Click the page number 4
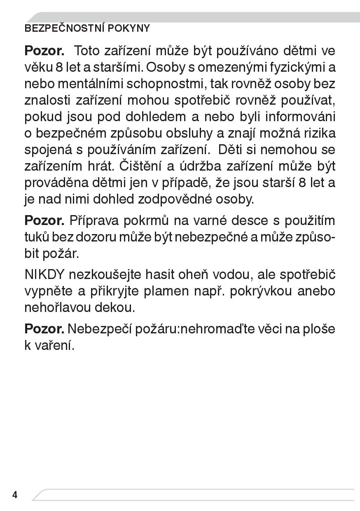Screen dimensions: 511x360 coord(15,495)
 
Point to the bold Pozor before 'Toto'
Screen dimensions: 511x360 coord(44,51)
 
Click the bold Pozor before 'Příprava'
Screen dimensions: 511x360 coord(44,220)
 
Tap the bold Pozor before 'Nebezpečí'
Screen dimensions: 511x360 coord(44,328)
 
